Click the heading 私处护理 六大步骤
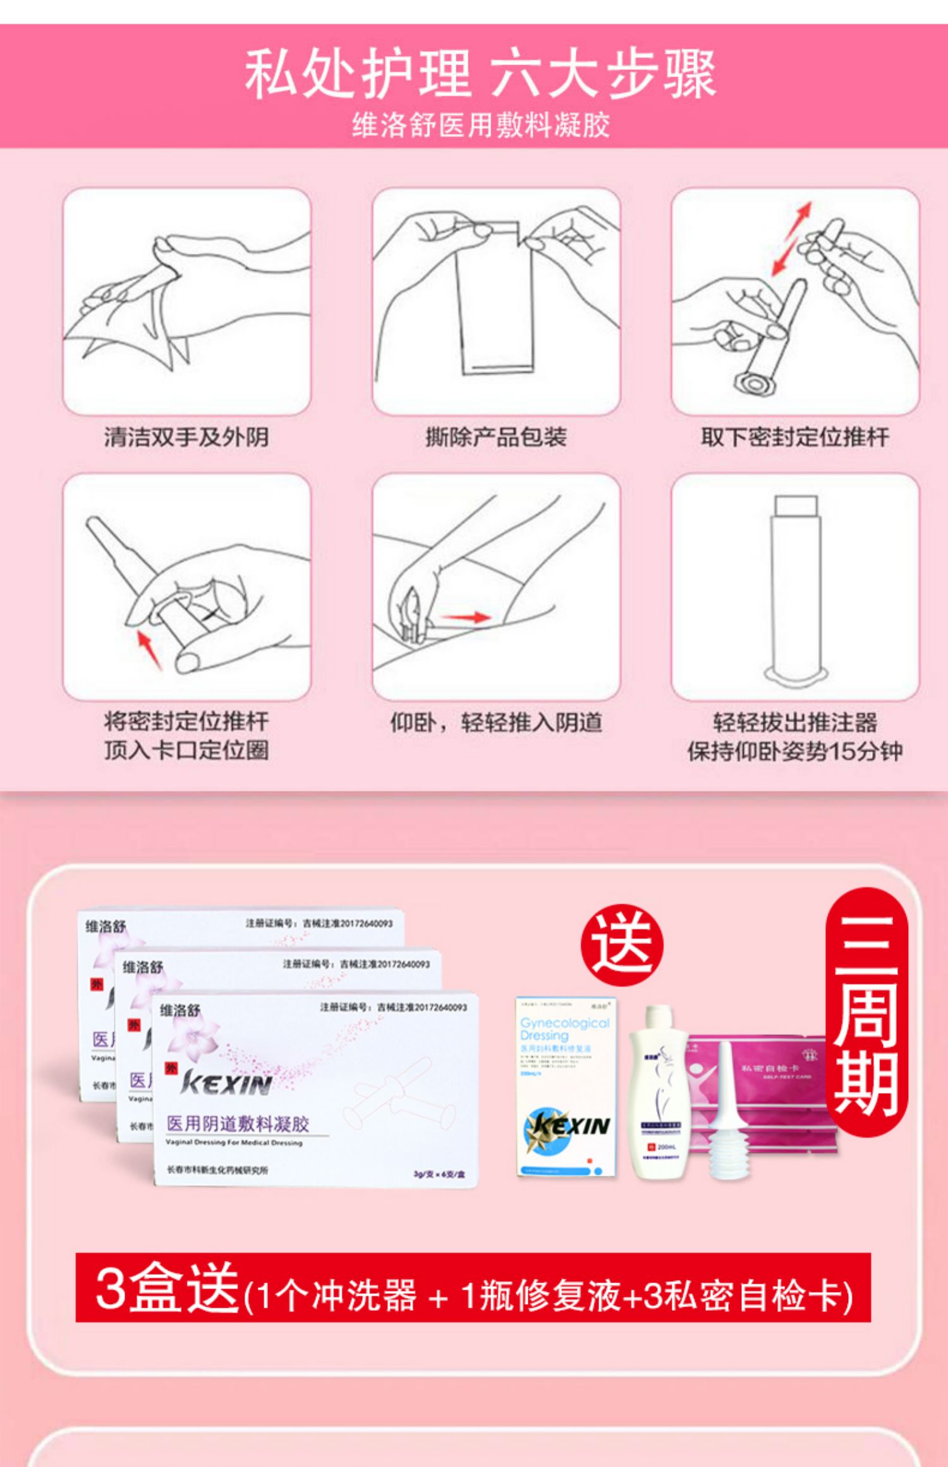pyautogui.click(x=480, y=75)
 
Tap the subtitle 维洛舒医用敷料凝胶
pyautogui.click(x=480, y=125)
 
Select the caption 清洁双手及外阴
pyautogui.click(x=186, y=437)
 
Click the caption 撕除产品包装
pyautogui.click(x=496, y=437)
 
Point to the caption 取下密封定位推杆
pyautogui.click(x=794, y=437)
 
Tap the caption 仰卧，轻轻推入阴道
pyautogui.click(x=496, y=722)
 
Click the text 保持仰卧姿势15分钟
pyautogui.click(x=794, y=752)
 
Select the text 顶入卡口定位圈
pyautogui.click(x=186, y=751)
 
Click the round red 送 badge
pyautogui.click(x=622, y=945)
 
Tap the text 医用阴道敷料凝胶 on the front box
pyautogui.click(x=238, y=1124)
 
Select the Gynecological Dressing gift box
pyautogui.click(x=566, y=1087)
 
